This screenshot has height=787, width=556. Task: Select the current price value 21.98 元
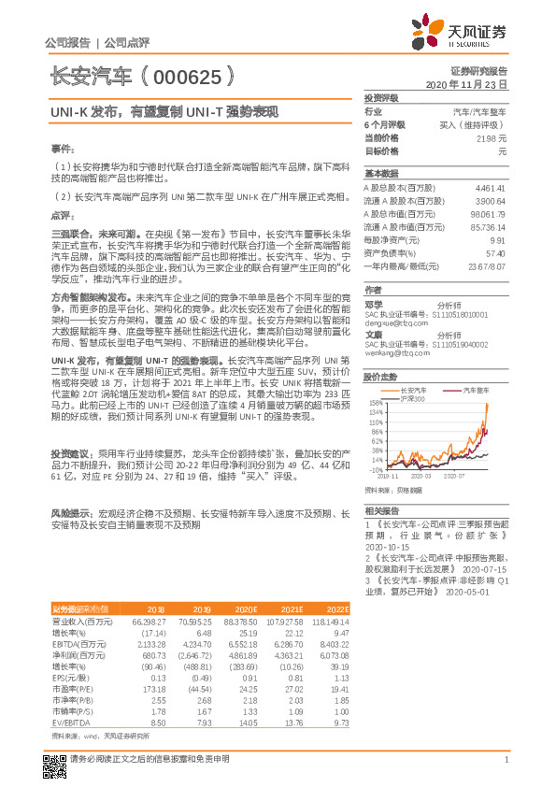491,137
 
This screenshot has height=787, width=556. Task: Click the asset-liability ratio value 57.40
496,253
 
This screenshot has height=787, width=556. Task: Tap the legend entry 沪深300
413,399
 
